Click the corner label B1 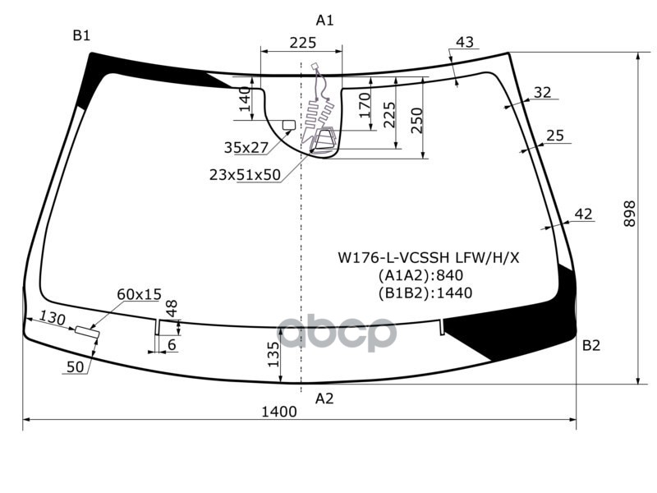pos(80,35)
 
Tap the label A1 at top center pos(325,20)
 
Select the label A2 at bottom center pos(325,399)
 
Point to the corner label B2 pos(591,345)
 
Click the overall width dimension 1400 pos(279,412)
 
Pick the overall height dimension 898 pos(630,215)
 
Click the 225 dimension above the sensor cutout pos(303,43)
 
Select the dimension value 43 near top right pos(464,42)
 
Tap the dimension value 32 pos(542,92)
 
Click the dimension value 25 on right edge pos(555,136)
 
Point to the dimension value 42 pos(583,214)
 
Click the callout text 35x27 pos(246,148)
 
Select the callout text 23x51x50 pos(245,174)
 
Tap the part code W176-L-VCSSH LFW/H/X pos(429,257)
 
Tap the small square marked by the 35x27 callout pos(288,125)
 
